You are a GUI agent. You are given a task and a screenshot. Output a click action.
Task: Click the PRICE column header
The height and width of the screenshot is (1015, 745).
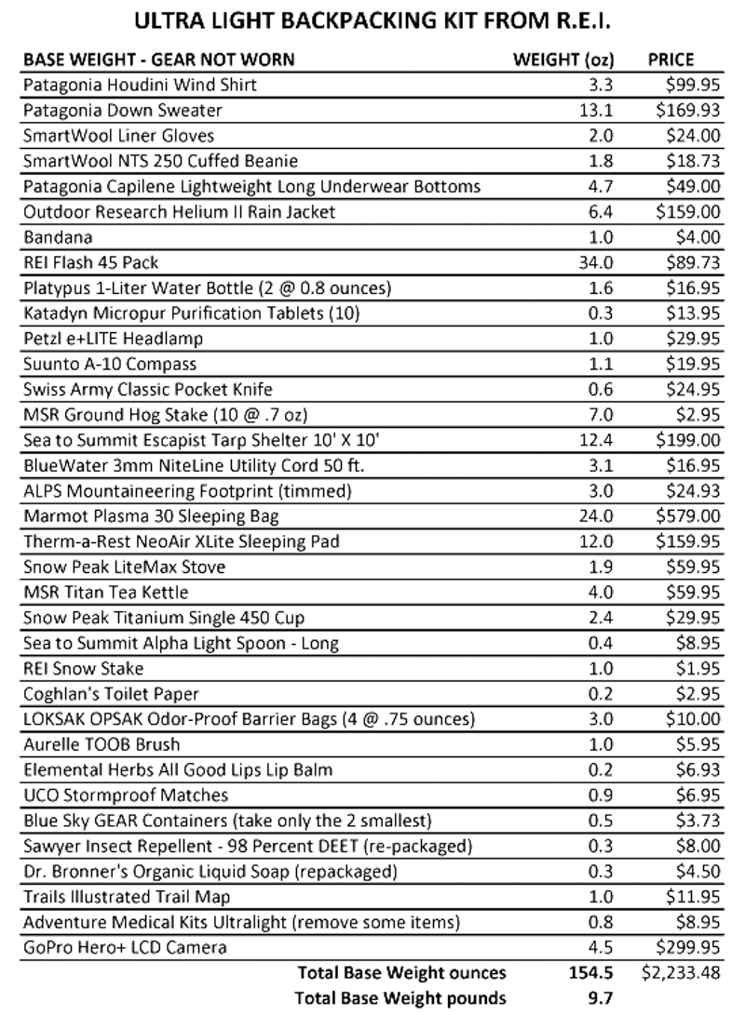click(670, 60)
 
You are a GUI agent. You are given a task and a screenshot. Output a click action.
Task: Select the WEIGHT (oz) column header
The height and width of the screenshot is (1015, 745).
click(563, 60)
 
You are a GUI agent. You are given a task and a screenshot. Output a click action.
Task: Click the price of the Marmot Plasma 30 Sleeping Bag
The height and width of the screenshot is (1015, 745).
click(686, 516)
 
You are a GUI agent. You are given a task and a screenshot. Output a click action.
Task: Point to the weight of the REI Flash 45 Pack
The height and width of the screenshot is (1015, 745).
click(598, 262)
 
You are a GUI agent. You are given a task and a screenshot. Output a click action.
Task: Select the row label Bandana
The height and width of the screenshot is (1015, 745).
click(54, 237)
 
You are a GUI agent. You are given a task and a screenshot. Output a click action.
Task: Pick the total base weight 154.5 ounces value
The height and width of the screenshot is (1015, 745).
click(592, 973)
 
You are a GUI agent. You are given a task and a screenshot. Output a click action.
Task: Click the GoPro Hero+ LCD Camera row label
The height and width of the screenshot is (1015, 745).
click(125, 948)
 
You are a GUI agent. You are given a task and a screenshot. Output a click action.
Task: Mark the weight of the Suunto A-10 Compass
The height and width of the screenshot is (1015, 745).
click(602, 364)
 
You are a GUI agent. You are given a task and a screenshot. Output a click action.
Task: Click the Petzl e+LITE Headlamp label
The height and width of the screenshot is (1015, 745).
click(113, 339)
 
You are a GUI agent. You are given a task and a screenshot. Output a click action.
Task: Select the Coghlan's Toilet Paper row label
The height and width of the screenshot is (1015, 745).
click(111, 694)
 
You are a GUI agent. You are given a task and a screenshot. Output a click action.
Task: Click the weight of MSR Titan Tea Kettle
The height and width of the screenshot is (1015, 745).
click(602, 593)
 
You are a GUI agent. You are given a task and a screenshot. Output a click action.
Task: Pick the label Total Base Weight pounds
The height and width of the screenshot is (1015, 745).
click(400, 998)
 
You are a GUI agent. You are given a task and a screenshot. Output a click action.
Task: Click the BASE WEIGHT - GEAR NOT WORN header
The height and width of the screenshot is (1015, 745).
click(158, 60)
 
